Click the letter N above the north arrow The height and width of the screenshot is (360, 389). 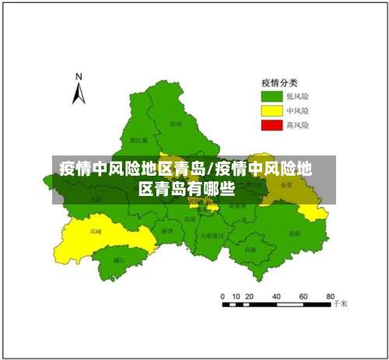(79, 76)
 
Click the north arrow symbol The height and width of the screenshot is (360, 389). (78, 93)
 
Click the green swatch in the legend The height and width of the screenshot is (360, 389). (271, 96)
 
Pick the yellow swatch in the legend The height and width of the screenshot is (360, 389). (271, 110)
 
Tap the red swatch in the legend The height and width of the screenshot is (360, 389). (271, 124)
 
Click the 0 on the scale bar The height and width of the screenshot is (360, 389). (223, 296)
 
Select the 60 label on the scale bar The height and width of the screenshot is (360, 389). (303, 296)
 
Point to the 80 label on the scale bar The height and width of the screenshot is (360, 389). (330, 296)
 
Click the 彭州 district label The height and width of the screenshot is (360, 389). (175, 123)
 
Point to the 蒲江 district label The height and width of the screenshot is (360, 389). (119, 260)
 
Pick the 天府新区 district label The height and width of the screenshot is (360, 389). (212, 234)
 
